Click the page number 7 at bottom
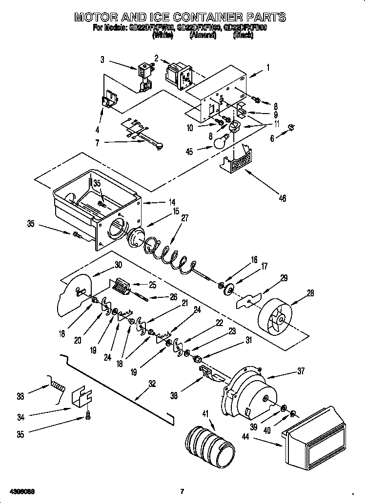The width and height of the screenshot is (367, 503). (x=182, y=491)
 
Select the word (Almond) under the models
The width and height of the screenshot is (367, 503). (x=203, y=36)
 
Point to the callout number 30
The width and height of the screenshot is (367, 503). (x=118, y=266)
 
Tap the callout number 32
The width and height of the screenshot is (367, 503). (x=152, y=384)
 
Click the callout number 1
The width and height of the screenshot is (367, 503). (x=267, y=68)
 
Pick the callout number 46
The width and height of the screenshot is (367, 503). (x=282, y=198)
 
